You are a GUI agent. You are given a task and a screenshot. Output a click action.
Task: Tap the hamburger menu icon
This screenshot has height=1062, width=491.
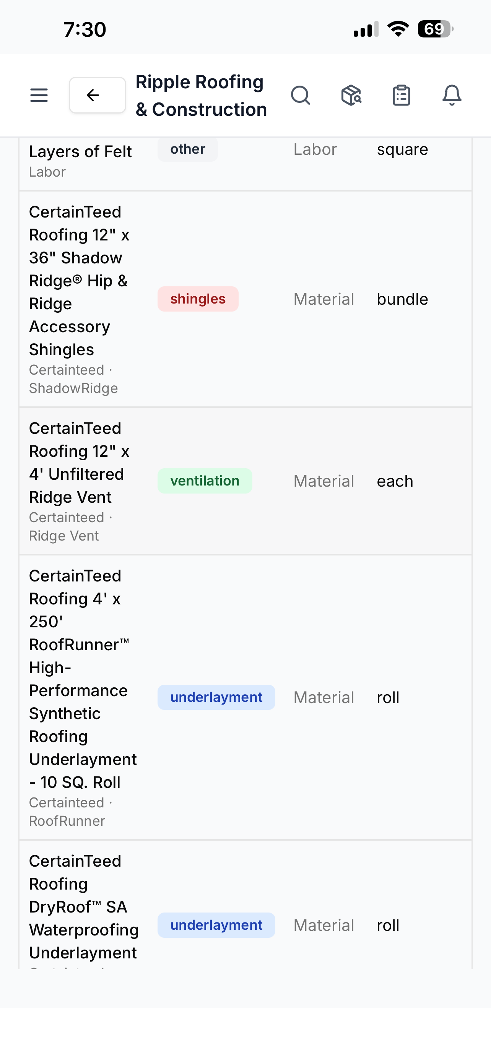pos(39,95)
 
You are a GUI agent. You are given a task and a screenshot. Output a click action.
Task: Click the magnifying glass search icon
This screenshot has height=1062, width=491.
pos(301,95)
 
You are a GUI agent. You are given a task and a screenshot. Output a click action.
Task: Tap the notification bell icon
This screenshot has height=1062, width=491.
pos(452,95)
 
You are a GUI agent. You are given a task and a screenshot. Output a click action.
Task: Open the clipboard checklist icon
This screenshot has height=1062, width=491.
pos(401,95)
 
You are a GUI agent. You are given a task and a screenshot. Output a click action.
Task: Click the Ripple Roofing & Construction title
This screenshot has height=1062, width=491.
pos(201,96)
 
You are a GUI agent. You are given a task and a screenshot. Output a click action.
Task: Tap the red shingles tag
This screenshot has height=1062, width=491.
pos(198,299)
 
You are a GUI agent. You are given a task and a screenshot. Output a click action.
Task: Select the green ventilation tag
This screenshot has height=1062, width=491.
pos(205,481)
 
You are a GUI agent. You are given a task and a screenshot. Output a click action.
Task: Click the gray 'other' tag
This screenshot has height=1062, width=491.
pos(188,149)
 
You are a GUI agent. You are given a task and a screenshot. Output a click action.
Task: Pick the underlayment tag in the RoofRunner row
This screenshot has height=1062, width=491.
pos(216,697)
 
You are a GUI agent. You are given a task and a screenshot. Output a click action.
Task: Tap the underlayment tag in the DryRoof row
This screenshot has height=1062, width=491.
pos(216,925)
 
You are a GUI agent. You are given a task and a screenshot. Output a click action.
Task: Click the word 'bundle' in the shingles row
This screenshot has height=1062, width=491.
pos(402,299)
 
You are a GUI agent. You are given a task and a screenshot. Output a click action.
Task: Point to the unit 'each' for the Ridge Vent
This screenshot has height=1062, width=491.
pos(395,481)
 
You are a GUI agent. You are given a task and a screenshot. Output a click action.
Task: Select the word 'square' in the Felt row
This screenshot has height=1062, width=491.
pos(402,149)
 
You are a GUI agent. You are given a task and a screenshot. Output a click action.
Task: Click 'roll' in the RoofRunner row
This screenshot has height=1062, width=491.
pos(388,698)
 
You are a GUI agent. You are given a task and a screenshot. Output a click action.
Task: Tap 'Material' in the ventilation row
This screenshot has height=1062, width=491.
pos(324,481)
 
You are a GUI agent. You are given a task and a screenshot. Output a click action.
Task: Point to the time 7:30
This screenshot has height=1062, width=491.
pos(85,30)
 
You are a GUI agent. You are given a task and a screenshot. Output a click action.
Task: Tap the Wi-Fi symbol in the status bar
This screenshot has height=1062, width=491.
pos(398,28)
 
